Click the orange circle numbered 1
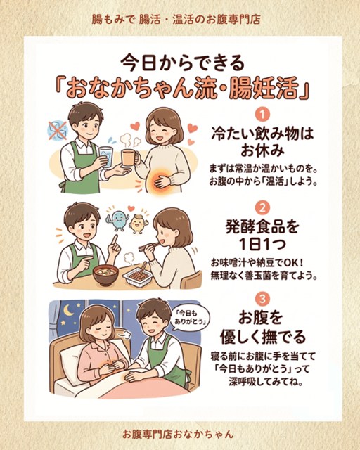coord(262,115)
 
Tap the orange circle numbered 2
coord(262,207)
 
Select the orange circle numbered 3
coord(262,300)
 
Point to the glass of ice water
coord(106,156)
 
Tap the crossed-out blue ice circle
coord(58,130)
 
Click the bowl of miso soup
coord(105,275)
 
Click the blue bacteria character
coord(117,220)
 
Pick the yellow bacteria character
coord(139,223)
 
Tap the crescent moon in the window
coord(68,310)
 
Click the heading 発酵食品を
coord(262,227)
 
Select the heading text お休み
coord(262,150)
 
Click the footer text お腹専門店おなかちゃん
coord(178,434)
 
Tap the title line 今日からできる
coord(183,64)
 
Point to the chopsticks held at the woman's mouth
coord(148,245)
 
